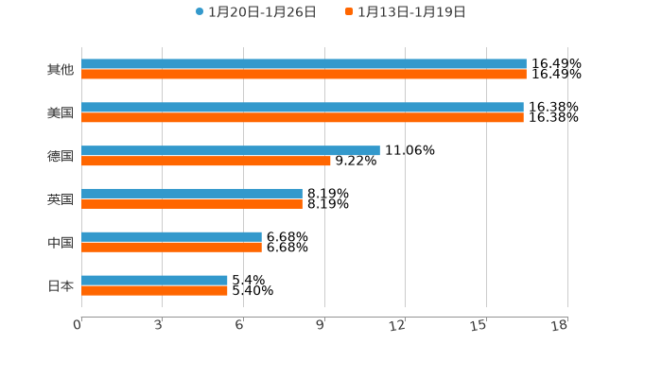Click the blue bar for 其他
[x=304, y=64]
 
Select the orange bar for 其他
[x=304, y=75]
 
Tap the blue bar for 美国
[x=303, y=108]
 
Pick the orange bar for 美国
[x=303, y=118]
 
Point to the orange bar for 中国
[x=171, y=248]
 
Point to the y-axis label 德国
[x=61, y=156]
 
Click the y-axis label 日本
[x=61, y=285]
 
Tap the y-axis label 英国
[x=61, y=199]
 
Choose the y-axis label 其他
[x=61, y=70]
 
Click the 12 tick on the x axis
[x=398, y=325]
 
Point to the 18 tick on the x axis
[x=560, y=325]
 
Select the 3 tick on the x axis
[x=159, y=325]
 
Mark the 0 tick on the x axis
[x=78, y=325]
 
